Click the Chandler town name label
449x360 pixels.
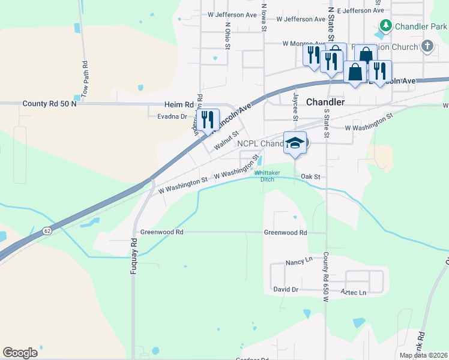pyautogui.click(x=325, y=102)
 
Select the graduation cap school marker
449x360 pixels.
pyautogui.click(x=295, y=143)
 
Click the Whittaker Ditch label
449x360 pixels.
pyautogui.click(x=268, y=176)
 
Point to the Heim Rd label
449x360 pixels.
pyautogui.click(x=181, y=104)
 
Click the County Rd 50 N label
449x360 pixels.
pyautogui.click(x=50, y=104)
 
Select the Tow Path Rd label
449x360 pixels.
pyautogui.click(x=85, y=78)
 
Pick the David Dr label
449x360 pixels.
pyautogui.click(x=286, y=289)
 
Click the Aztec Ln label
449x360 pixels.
pyautogui.click(x=353, y=292)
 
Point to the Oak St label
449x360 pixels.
pyautogui.click(x=310, y=176)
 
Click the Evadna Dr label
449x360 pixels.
pyautogui.click(x=172, y=116)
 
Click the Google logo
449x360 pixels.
pyautogui.click(x=20, y=353)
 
